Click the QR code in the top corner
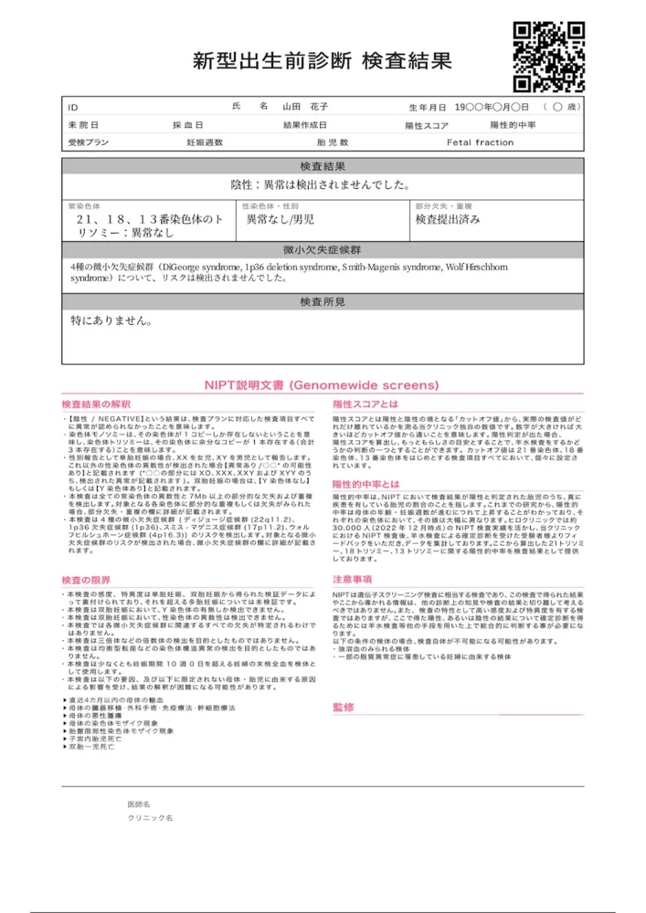tap(548, 57)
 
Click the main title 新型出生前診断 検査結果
tap(323, 62)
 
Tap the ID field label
tap(74, 108)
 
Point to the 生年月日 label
tap(428, 108)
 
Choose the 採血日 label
tap(188, 125)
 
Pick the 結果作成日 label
tap(305, 125)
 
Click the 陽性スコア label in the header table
tap(428, 125)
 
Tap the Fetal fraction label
tap(480, 143)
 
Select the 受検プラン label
tap(88, 143)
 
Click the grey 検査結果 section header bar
tap(323, 166)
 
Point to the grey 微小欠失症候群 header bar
tap(323, 250)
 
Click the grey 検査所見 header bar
tap(323, 301)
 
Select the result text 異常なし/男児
tap(281, 220)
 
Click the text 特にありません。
tap(111, 321)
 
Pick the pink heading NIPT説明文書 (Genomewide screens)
tap(322, 385)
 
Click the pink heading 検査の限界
tap(86, 580)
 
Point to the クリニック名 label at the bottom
tap(151, 819)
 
